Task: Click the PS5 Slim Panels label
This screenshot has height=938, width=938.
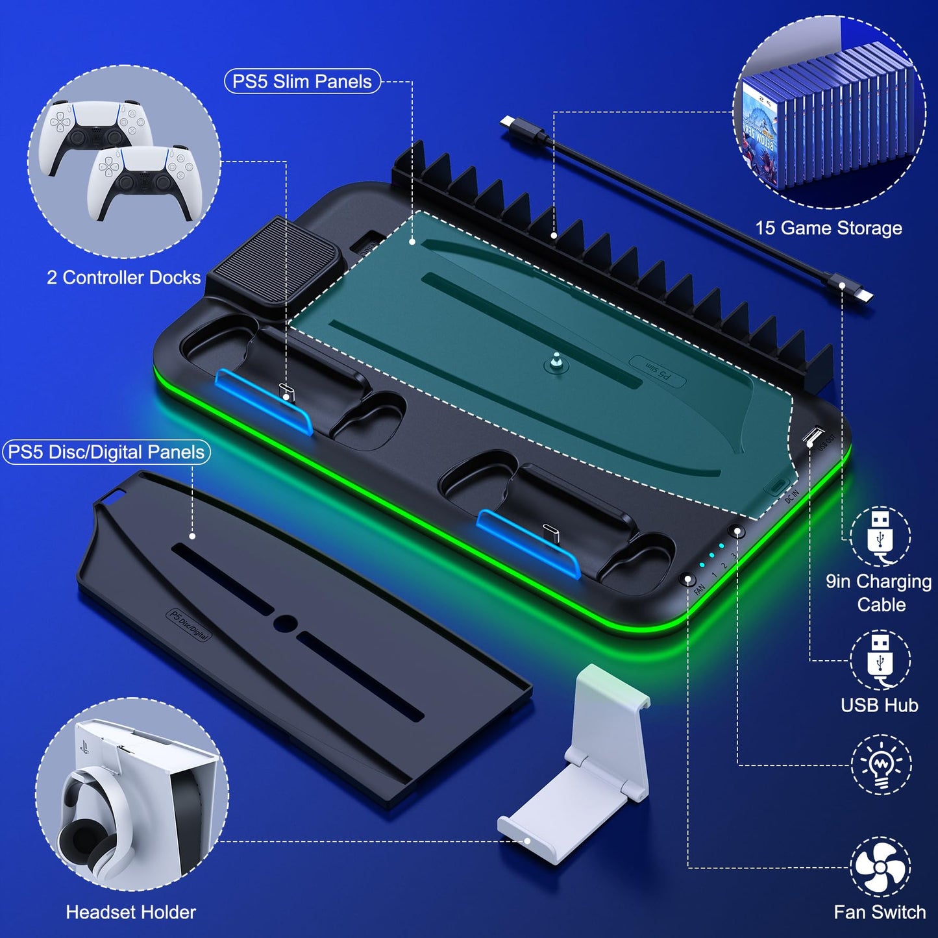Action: [x=302, y=82]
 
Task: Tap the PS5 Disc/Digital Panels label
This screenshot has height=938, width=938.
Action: [x=106, y=452]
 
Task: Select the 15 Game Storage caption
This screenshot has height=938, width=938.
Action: [x=828, y=228]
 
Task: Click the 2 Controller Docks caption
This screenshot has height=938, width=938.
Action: [x=123, y=278]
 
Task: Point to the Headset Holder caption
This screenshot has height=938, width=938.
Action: [x=130, y=912]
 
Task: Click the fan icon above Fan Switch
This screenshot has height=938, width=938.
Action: [x=880, y=867]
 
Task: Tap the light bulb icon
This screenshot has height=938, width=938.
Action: [x=881, y=765]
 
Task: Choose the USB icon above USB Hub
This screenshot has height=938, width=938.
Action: [x=880, y=660]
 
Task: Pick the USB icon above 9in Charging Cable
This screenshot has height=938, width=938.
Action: [x=880, y=536]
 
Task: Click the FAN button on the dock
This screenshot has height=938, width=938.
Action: [x=687, y=579]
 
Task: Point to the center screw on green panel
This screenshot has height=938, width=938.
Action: [x=556, y=362]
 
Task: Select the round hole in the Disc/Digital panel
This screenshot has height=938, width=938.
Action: [x=285, y=624]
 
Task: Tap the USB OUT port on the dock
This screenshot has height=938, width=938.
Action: [x=812, y=436]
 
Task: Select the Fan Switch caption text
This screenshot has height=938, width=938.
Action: [x=880, y=912]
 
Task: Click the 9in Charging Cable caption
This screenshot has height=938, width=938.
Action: [x=879, y=593]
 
